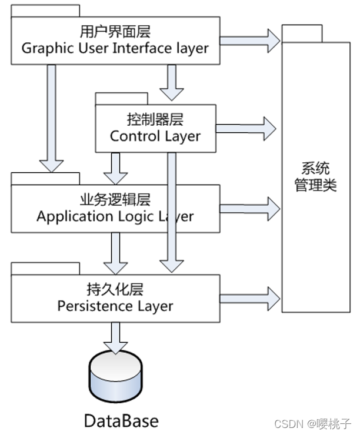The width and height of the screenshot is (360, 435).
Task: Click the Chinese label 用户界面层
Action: pos(115,31)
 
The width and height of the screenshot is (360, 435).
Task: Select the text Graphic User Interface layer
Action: pos(115,48)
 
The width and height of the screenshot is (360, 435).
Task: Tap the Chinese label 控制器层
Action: pos(155,119)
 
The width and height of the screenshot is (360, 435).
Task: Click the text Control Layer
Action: pos(155,136)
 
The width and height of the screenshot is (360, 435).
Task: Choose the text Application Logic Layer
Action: pos(115,216)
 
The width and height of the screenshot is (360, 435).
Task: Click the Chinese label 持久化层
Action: pos(115,289)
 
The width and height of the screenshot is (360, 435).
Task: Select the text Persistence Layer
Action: pos(115,306)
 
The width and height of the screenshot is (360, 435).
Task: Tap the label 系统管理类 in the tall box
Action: pos(315,177)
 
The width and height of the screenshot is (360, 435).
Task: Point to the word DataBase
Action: pos(121,421)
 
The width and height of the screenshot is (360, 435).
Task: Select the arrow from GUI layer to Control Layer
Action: pos(172,82)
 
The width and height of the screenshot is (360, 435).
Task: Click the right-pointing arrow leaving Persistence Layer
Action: pos(250,299)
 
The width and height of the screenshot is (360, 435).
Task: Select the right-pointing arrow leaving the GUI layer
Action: pos(250,40)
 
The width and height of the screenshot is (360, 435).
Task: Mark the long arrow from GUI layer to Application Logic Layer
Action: pos(52,118)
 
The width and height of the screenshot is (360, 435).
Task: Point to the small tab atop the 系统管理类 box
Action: pos(302,34)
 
